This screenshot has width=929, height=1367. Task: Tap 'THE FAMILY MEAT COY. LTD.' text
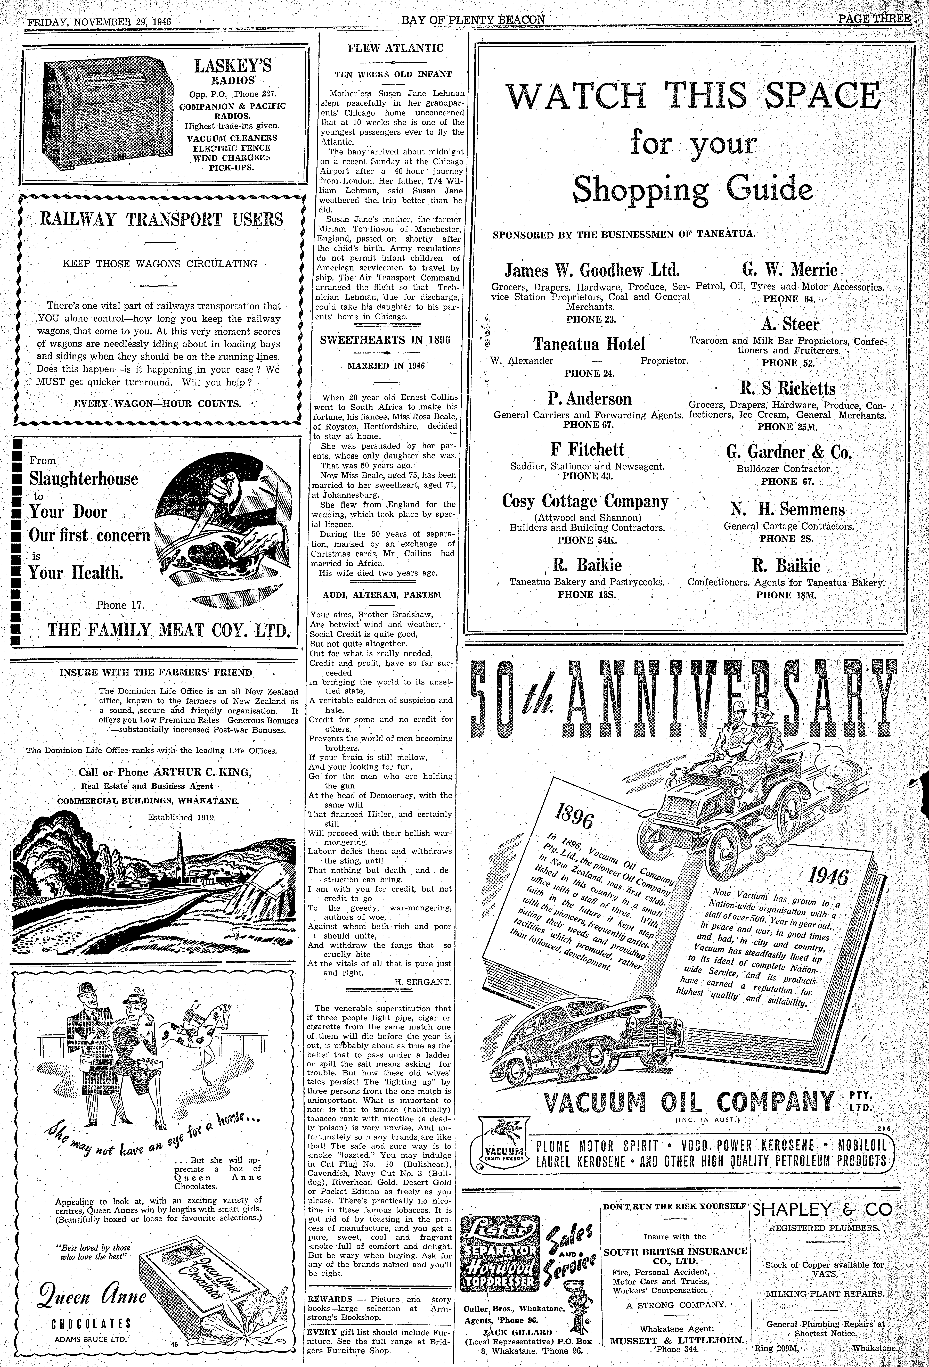(x=169, y=630)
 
